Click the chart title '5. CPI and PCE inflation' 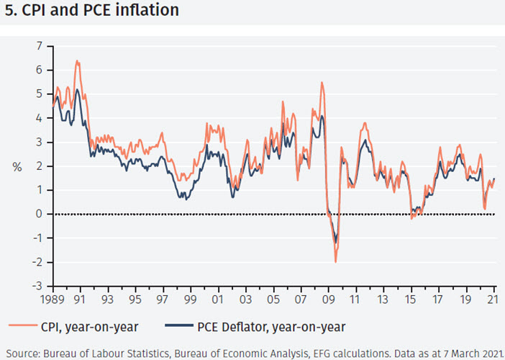click(92, 12)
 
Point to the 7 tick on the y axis click(40, 46)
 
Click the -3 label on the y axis click(38, 286)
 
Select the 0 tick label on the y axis click(40, 214)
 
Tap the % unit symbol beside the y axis click(17, 167)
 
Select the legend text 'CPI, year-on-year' click(90, 327)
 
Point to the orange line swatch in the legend click(21, 328)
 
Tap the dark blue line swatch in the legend click(181, 328)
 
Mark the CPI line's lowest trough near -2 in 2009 click(335, 261)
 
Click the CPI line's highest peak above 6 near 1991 click(77, 61)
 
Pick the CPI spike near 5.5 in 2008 click(322, 83)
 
